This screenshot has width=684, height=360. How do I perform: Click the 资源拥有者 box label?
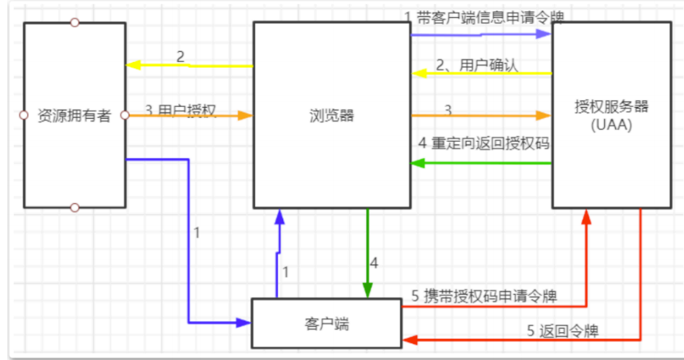pyautogui.click(x=74, y=116)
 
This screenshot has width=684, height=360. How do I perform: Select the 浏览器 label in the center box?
pyautogui.click(x=331, y=116)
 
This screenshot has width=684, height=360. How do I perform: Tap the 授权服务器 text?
pyautogui.click(x=611, y=107)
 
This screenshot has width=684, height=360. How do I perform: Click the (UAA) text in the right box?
pyautogui.click(x=611, y=123)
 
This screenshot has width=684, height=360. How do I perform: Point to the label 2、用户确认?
pyautogui.click(x=477, y=65)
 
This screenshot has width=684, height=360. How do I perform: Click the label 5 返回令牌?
pyautogui.click(x=568, y=331)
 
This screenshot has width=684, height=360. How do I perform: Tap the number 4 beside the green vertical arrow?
pyautogui.click(x=374, y=263)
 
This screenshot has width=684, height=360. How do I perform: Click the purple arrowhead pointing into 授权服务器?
pyautogui.click(x=547, y=35)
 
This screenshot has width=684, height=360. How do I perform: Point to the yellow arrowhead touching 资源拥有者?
pyautogui.click(x=132, y=66)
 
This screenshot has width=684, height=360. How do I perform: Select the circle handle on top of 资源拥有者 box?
pyautogui.click(x=74, y=22)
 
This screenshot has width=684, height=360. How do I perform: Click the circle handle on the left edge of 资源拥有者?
pyautogui.click(x=23, y=116)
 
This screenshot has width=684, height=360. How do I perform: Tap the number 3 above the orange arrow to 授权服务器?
pyautogui.click(x=447, y=109)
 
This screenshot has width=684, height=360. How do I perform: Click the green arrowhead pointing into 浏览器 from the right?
pyautogui.click(x=416, y=163)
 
